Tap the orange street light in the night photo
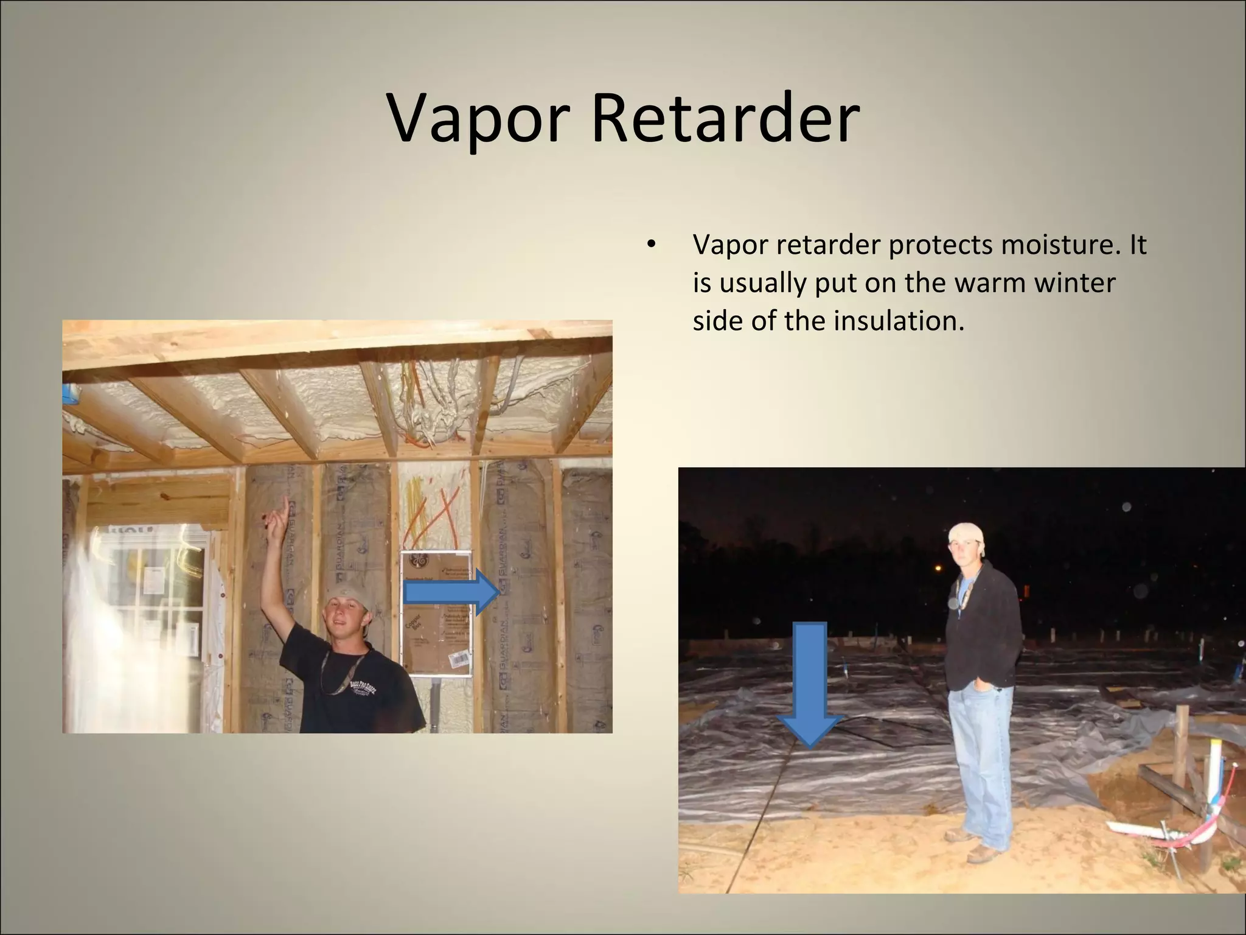(x=938, y=569)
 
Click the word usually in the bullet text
(x=763, y=282)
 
